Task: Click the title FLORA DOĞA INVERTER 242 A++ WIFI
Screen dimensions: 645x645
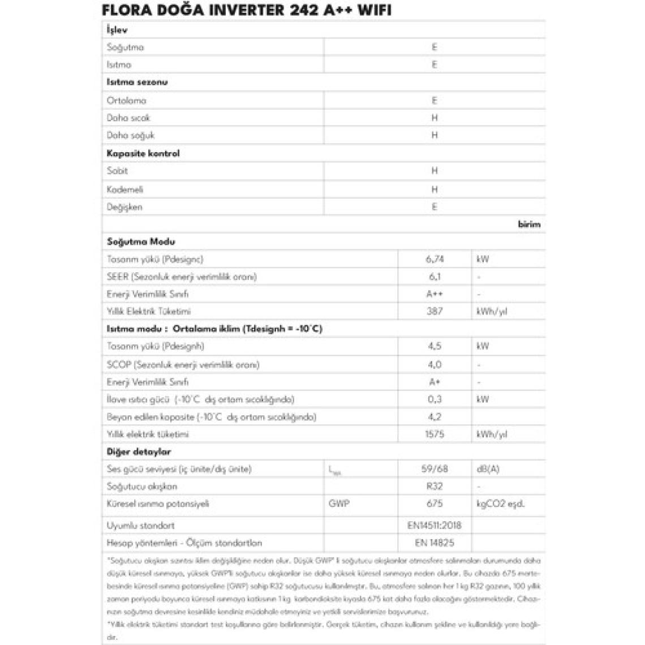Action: pos(246,10)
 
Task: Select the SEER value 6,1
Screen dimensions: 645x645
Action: pos(435,277)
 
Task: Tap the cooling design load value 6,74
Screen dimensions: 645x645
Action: pos(435,259)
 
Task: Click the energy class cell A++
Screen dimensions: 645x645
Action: pos(435,294)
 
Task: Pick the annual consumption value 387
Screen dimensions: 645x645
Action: pos(435,311)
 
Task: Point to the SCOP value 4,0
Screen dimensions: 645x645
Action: pos(435,364)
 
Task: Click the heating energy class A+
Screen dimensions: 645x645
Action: pos(435,382)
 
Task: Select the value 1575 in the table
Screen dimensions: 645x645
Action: pos(435,434)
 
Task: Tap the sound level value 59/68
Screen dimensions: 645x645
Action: pos(435,469)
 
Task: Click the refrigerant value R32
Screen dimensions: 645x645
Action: pos(435,486)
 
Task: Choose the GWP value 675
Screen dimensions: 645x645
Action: pos(435,504)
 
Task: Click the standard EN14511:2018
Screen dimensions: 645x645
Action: pos(435,525)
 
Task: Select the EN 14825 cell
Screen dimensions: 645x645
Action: pos(435,543)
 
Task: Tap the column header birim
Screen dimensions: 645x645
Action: pos(529,224)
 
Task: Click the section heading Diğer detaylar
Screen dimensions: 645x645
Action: pos(139,451)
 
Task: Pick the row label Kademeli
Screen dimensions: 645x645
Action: pos(125,190)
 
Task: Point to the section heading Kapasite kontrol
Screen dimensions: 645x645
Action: pos(143,153)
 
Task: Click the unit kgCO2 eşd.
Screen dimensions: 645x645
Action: pos(501,504)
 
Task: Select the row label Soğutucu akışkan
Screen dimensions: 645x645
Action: pos(142,486)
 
